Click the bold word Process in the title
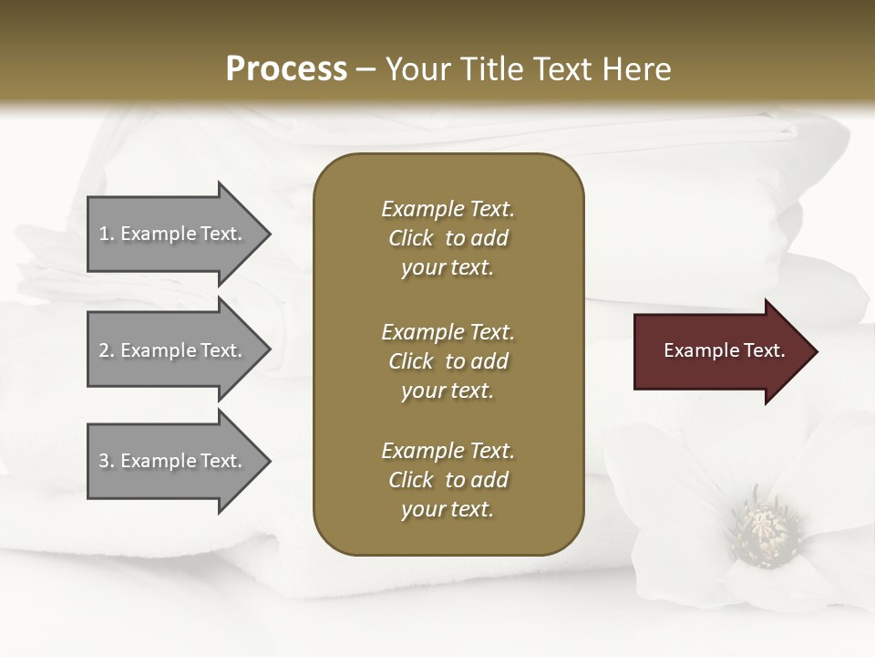pyautogui.click(x=286, y=69)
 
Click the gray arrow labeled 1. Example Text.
pyautogui.click(x=173, y=234)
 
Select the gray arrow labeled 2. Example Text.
pyautogui.click(x=173, y=350)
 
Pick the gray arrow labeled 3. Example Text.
pyautogui.click(x=173, y=461)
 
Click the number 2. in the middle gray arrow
pyautogui.click(x=107, y=350)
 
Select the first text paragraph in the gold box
pyautogui.click(x=448, y=238)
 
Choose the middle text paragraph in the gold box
pyautogui.click(x=448, y=361)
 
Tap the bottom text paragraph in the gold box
pyautogui.click(x=448, y=480)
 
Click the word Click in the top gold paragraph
pyautogui.click(x=410, y=238)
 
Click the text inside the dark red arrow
pyautogui.click(x=724, y=350)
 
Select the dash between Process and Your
pyautogui.click(x=365, y=69)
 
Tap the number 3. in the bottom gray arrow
pyautogui.click(x=107, y=461)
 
